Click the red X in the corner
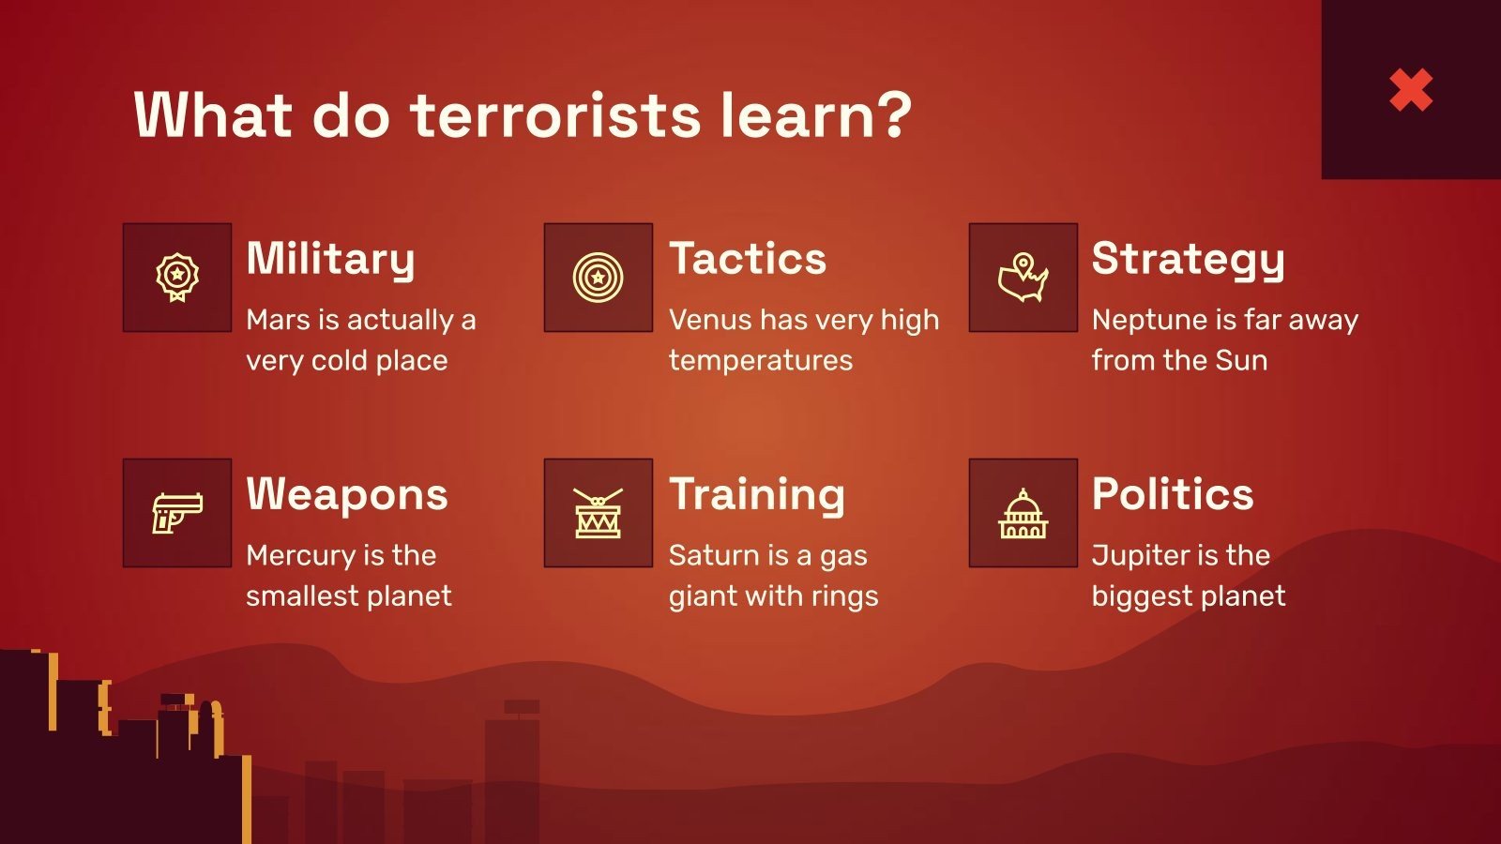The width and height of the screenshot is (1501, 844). click(1411, 90)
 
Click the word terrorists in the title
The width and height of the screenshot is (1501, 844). click(556, 115)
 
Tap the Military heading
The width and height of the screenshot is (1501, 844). click(330, 259)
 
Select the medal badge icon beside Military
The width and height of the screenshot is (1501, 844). click(177, 278)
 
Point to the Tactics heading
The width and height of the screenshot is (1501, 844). click(748, 259)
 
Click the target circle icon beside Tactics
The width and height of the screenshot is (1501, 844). click(599, 278)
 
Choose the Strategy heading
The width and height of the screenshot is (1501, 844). click(1188, 259)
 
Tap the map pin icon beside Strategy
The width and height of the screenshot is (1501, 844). click(1023, 278)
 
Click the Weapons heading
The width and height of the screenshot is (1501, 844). click(347, 494)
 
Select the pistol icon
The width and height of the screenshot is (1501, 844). click(177, 513)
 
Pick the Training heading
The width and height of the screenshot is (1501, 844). click(757, 494)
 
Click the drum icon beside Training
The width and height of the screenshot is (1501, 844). click(599, 513)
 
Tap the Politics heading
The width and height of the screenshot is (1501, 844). click(1173, 494)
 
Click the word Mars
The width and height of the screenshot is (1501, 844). click(278, 320)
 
